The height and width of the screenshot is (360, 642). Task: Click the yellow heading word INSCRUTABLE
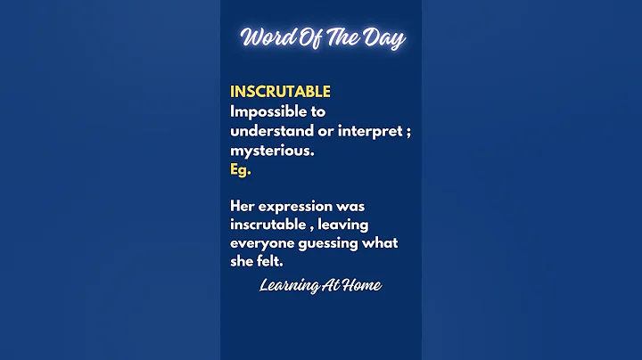(x=280, y=92)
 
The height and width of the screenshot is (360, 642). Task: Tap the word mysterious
(x=270, y=151)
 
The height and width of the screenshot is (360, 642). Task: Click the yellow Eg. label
(x=240, y=170)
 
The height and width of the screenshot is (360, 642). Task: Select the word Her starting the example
(x=243, y=206)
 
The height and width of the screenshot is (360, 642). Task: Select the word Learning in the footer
(x=289, y=286)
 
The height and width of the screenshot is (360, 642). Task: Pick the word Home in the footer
(x=362, y=286)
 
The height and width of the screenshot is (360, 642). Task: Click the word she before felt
(x=243, y=263)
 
